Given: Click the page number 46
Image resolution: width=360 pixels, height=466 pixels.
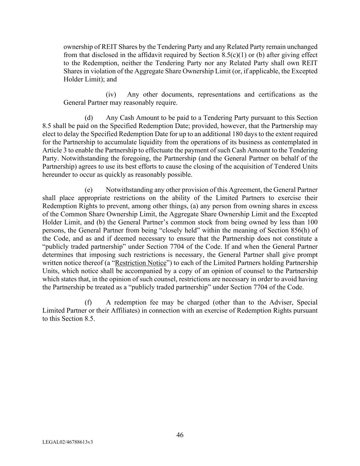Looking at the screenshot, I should point(180,435).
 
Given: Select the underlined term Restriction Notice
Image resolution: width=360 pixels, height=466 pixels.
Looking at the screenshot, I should point(141,263).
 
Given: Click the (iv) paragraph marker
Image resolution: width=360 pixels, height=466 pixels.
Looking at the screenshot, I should point(111,95).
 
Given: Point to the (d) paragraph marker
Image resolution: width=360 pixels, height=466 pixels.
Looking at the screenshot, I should point(89,118).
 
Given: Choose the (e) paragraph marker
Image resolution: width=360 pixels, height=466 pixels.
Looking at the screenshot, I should point(89,190).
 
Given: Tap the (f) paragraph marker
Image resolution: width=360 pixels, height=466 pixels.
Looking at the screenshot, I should point(88,302).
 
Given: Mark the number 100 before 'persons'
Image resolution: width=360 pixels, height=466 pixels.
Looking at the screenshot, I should point(312,222).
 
